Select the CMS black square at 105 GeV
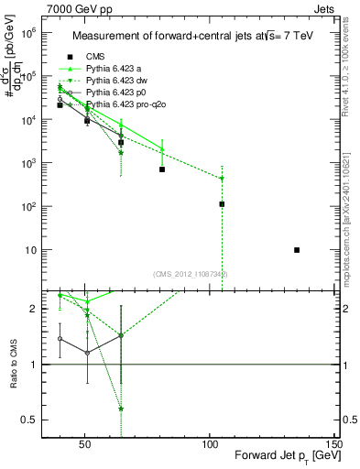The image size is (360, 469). click(x=222, y=204)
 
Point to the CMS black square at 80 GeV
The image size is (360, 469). click(x=162, y=169)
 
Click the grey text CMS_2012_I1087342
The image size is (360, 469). click(x=191, y=275)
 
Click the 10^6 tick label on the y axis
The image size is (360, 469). click(x=28, y=33)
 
